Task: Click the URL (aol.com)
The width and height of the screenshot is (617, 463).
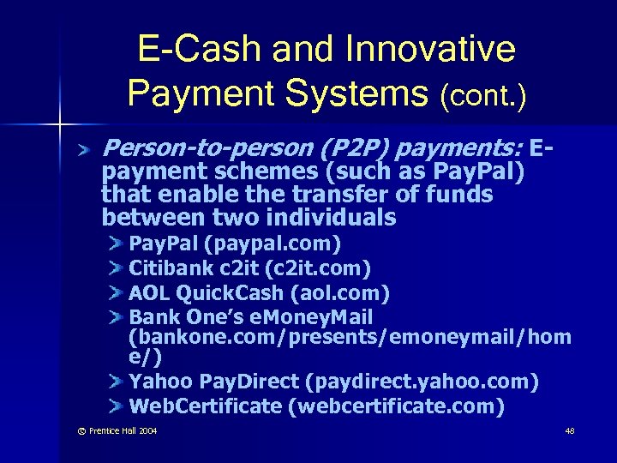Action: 341,294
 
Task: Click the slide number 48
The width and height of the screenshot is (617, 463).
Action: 570,430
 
